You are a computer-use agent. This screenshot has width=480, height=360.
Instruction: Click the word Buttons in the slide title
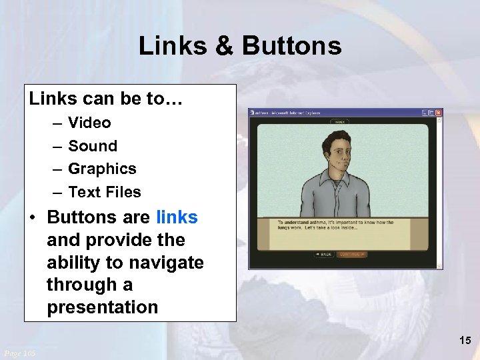(291, 46)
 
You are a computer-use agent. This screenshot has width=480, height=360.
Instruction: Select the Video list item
(89, 123)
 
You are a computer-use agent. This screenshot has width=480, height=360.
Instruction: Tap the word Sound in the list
(92, 146)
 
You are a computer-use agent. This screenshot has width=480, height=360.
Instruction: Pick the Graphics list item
(102, 169)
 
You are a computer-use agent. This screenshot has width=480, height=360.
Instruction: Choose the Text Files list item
(105, 192)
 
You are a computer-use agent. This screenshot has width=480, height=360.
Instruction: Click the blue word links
(177, 217)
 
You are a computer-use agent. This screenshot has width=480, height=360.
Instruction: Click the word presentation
(102, 308)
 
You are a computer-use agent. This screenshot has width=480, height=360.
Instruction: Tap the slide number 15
(465, 341)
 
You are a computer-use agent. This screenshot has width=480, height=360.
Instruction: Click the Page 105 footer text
(20, 352)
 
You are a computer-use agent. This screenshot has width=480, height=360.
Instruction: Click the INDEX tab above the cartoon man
(339, 122)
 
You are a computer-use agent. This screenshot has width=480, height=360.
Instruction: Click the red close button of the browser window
(439, 113)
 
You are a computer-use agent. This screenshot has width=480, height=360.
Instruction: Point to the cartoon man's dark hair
(337, 137)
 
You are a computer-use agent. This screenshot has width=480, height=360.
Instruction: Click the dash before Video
(54, 123)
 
